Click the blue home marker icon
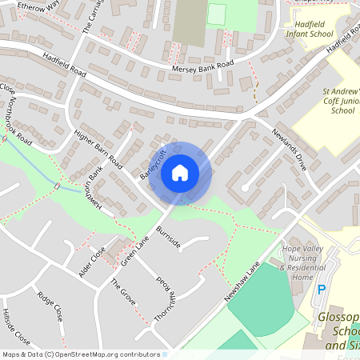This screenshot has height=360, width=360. [180, 172]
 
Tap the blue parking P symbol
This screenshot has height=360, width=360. [322, 290]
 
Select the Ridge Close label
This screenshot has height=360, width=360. [50, 306]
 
